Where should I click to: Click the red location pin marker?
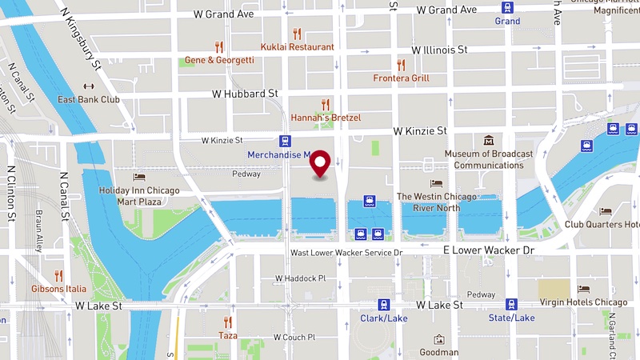pos(321,164)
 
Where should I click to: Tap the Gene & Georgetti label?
pos(219,60)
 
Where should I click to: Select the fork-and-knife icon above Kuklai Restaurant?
pos(298,34)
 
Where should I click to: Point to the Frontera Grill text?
pos(401,78)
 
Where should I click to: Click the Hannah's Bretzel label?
pos(326,118)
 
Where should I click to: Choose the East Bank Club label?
pos(88,100)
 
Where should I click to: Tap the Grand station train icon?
pos(507,7)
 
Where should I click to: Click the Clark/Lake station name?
pos(383,318)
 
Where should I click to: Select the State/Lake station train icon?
pos(511,304)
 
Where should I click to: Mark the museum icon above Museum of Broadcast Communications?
pos(488,141)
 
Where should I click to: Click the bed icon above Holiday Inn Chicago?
pos(139,177)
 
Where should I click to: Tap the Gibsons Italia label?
pos(58,288)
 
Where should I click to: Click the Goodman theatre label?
pos(438,352)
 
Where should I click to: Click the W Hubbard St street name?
pos(245,94)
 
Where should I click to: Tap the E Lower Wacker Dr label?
pos(488,250)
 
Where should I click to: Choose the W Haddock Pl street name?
pos(300,278)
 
